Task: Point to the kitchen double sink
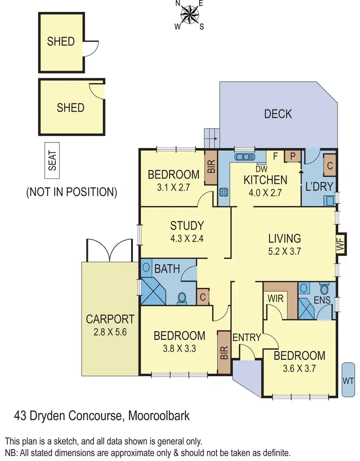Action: coord(244,156)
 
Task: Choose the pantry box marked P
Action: coord(292,156)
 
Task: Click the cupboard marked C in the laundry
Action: coord(330,165)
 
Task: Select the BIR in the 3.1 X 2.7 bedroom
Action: coord(211,167)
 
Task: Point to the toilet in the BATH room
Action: coord(182,298)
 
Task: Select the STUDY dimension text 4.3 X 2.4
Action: coord(188,237)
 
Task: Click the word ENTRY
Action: coord(246,337)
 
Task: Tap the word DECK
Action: coord(278,114)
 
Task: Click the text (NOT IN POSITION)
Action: coord(72,192)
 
